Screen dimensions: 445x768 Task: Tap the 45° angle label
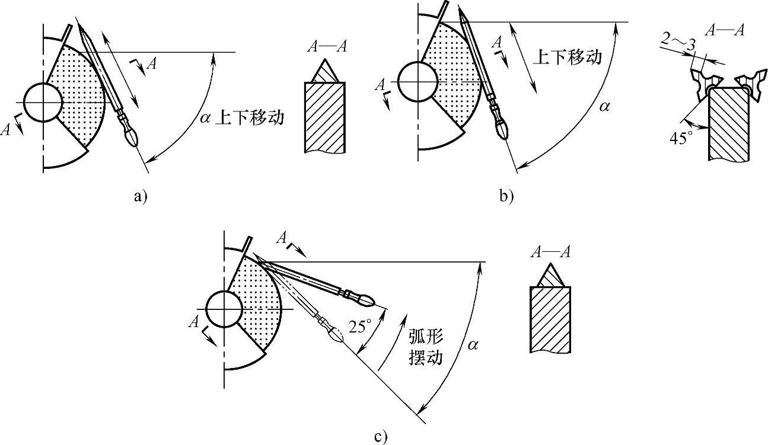681,138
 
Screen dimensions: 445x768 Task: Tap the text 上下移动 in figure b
568,57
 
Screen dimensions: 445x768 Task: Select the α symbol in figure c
473,344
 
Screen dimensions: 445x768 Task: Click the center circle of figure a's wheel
43,103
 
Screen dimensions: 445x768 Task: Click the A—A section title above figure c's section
550,252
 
